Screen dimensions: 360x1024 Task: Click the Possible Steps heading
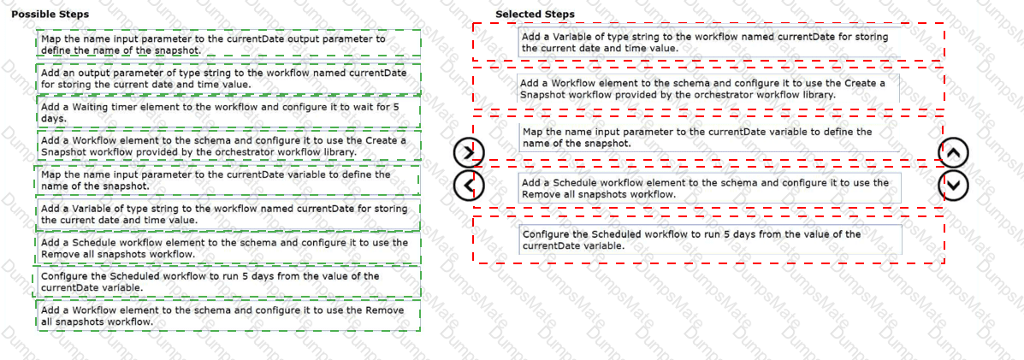(50, 15)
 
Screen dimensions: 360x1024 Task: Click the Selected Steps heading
(535, 15)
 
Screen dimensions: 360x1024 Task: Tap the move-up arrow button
(955, 154)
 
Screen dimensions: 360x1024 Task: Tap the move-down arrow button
(955, 184)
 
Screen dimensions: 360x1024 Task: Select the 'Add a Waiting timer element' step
(228, 112)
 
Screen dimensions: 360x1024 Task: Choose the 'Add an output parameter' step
(228, 79)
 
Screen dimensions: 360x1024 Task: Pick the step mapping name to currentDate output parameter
(228, 44)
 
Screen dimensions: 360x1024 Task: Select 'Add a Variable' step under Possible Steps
(228, 214)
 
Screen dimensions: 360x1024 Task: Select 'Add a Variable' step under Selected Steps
(707, 43)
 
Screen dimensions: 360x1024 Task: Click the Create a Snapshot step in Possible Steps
(228, 145)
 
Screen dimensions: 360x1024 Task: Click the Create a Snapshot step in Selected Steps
(707, 89)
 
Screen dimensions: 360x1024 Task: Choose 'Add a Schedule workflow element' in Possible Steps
(228, 248)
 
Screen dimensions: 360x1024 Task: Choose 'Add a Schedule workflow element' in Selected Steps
(707, 188)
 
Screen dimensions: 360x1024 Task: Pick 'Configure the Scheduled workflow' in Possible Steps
(228, 282)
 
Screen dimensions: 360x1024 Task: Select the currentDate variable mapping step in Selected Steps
(707, 138)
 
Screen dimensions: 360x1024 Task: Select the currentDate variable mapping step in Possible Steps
(228, 180)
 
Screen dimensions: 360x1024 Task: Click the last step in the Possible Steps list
(228, 316)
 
